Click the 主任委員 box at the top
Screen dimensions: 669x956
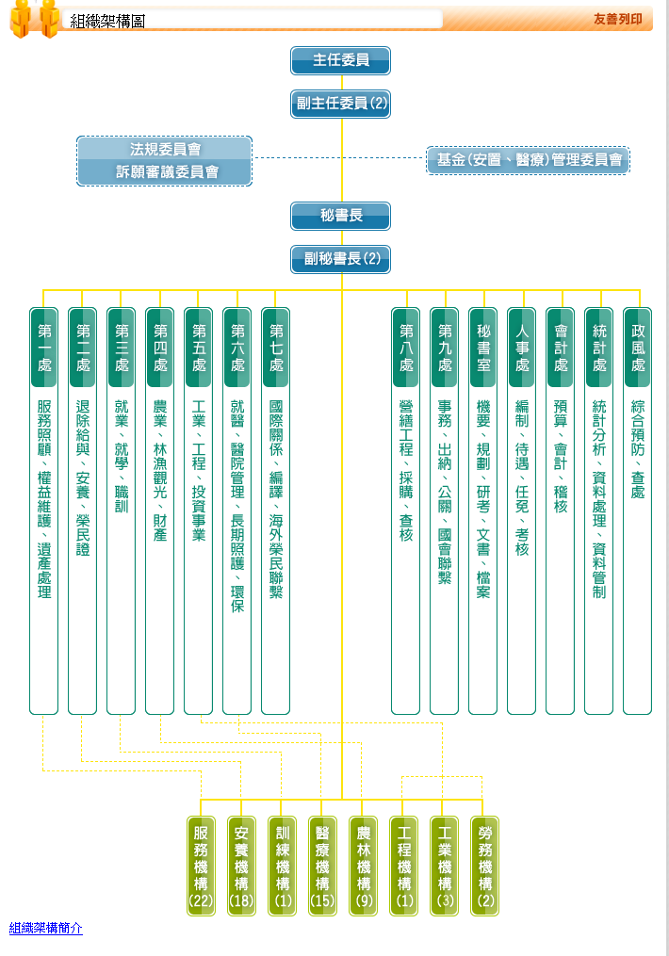[x=340, y=60]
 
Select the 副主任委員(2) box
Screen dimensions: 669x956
[x=340, y=104]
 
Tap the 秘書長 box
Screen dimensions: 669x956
[x=340, y=216]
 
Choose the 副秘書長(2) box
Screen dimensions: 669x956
[x=340, y=259]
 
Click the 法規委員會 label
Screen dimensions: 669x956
[x=165, y=149]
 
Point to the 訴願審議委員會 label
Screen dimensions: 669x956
[x=167, y=172]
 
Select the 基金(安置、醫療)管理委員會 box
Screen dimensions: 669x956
[x=528, y=160]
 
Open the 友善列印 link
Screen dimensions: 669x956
[x=617, y=19]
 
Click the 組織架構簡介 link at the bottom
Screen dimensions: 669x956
[x=46, y=928]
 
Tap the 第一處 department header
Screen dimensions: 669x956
[x=44, y=348]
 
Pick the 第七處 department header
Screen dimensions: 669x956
[x=276, y=348]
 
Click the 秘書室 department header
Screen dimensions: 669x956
[x=483, y=348]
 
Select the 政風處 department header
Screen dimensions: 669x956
[x=638, y=348]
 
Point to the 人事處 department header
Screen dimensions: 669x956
[x=521, y=348]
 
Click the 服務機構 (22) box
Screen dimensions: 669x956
[x=202, y=866]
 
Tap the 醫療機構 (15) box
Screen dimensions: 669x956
[x=322, y=866]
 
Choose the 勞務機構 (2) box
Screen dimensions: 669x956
[x=485, y=866]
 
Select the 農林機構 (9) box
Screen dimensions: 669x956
[x=364, y=866]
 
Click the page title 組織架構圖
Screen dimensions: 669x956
[x=107, y=22]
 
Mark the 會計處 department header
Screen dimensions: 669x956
[x=561, y=348]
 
